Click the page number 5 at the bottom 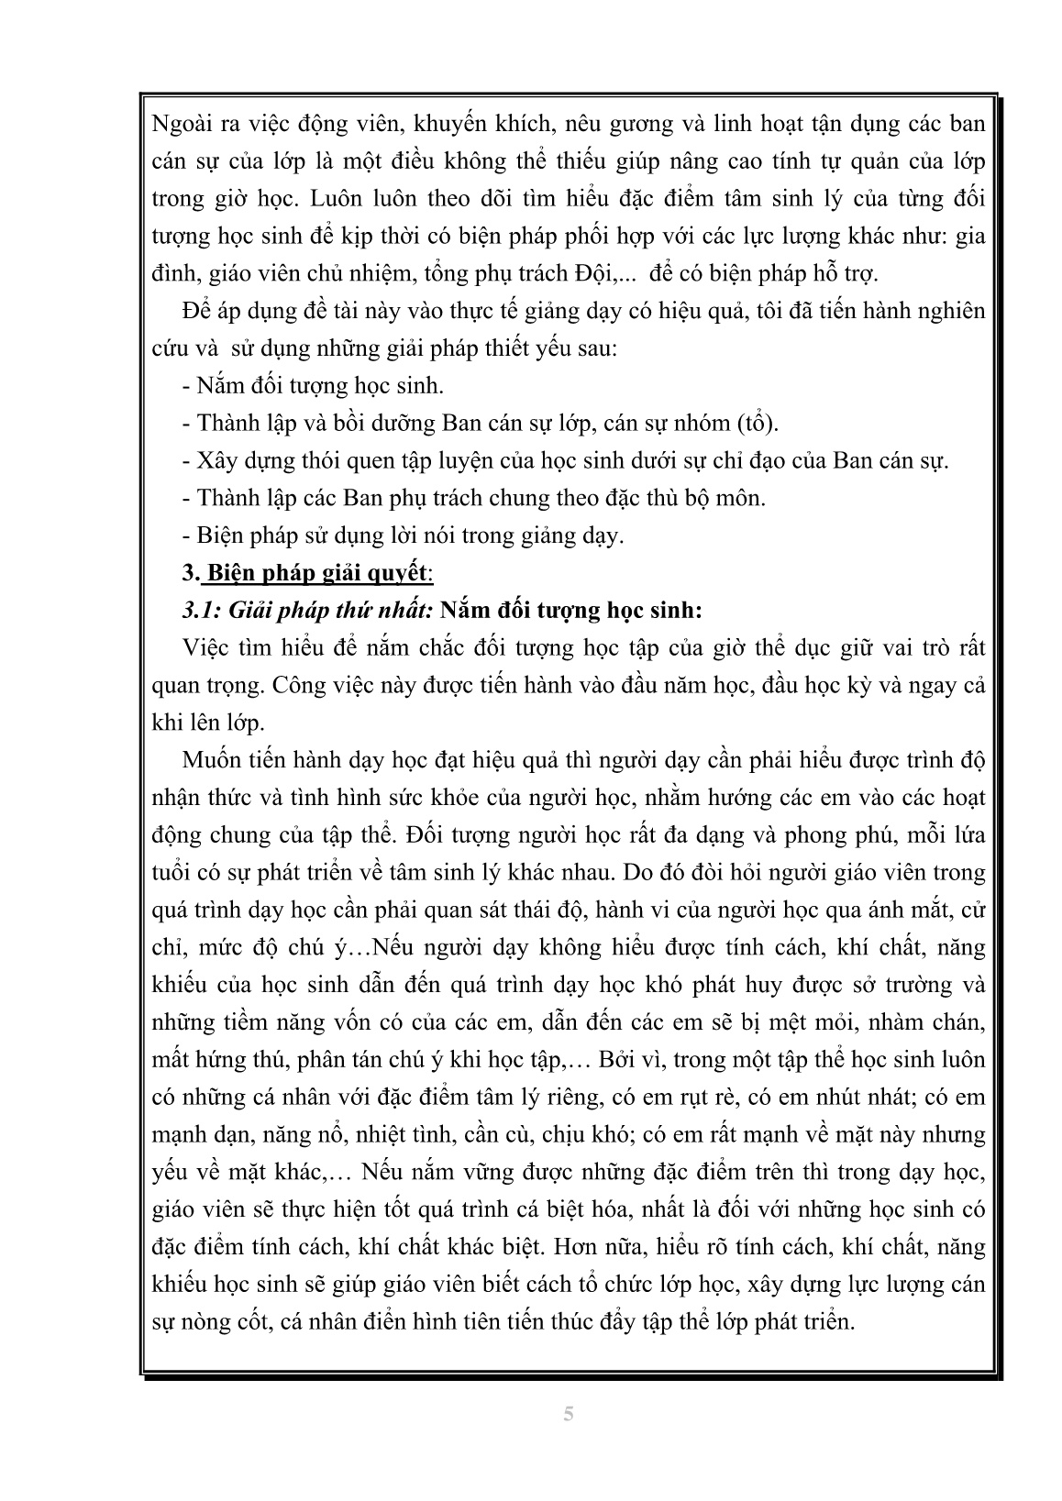(x=569, y=1414)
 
